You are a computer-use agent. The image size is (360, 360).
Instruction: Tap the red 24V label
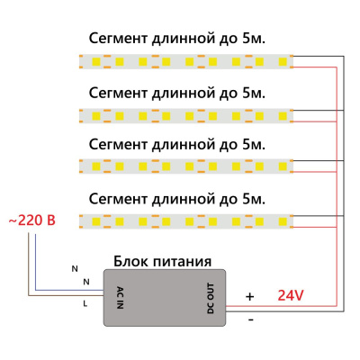pos(292,294)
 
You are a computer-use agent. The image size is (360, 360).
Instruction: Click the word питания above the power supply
pos(184,262)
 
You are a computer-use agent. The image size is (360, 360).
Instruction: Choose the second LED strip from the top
pos(186,114)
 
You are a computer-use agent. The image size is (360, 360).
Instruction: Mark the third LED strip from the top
pos(186,166)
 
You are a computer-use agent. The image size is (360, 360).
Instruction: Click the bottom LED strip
pos(186,219)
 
